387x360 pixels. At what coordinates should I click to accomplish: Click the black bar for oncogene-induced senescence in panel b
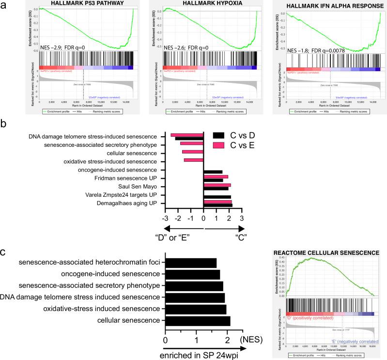click(x=213, y=172)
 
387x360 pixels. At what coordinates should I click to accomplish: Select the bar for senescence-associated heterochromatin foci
click(x=191, y=263)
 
